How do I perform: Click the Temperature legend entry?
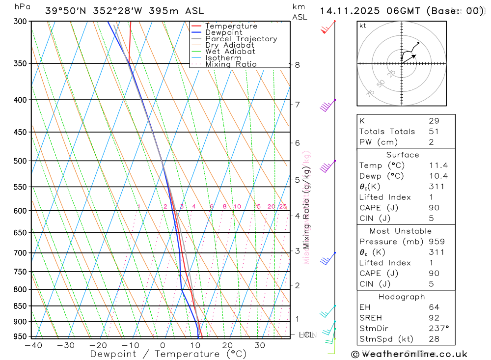(x=231, y=26)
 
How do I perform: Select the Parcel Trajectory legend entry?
(x=241, y=39)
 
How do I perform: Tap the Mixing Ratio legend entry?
(x=231, y=64)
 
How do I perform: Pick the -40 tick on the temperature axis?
(x=33, y=345)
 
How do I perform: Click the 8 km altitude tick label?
(x=297, y=65)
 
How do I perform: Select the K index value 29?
(x=434, y=121)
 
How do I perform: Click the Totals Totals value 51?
(x=434, y=132)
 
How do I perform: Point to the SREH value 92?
(x=434, y=317)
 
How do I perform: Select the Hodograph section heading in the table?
(x=402, y=297)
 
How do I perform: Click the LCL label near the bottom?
(x=306, y=335)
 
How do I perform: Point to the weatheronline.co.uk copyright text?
(x=409, y=354)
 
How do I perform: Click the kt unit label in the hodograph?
(x=363, y=26)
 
